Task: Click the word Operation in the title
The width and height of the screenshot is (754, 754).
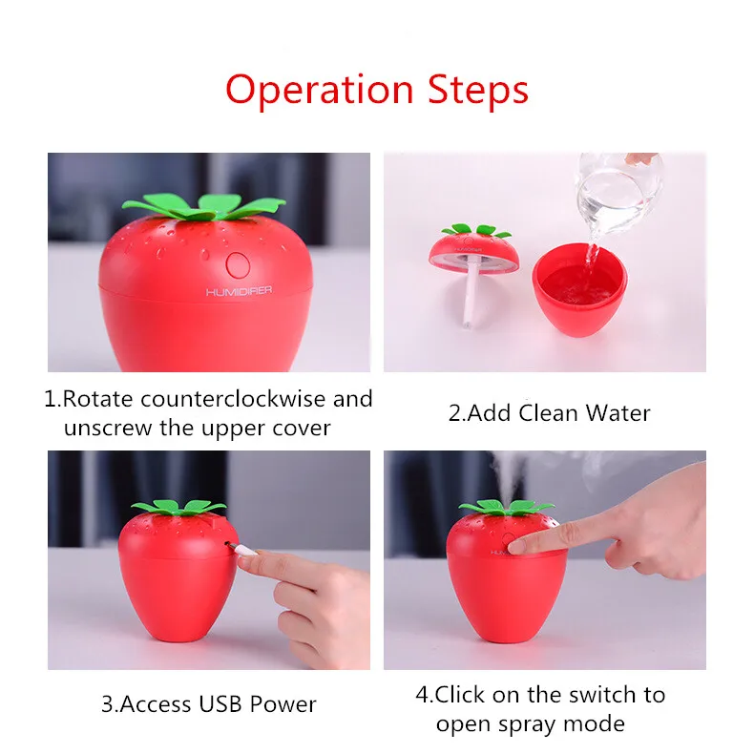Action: (320, 90)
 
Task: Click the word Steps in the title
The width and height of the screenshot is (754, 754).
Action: (478, 89)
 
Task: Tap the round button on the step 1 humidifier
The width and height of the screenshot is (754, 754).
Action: (238, 265)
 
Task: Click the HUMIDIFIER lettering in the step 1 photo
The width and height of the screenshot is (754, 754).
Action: (239, 291)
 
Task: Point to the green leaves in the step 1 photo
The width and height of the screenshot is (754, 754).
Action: (204, 207)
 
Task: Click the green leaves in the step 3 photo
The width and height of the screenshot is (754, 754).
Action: (178, 508)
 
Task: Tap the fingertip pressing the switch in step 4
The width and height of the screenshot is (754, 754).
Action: (516, 545)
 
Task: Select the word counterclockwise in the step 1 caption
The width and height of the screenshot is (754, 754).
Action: (233, 399)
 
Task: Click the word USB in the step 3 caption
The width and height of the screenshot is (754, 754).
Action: (220, 704)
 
